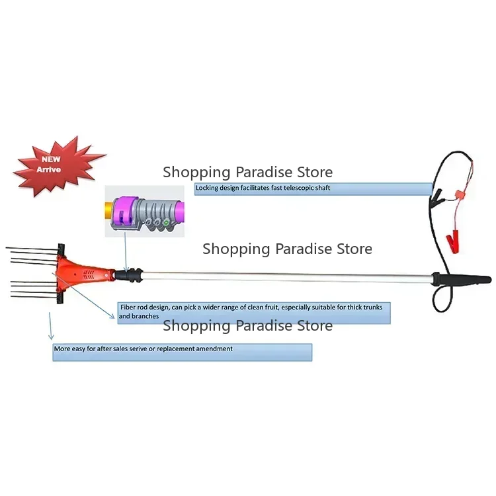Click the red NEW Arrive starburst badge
[58, 166]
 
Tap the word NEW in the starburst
[51, 159]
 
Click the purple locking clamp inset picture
[145, 211]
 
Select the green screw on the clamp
[166, 223]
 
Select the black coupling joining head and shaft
[129, 274]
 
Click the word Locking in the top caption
[207, 188]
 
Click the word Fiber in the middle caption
[128, 307]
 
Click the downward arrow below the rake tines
[50, 326]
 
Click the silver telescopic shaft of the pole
[288, 276]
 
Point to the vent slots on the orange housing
[89, 274]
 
